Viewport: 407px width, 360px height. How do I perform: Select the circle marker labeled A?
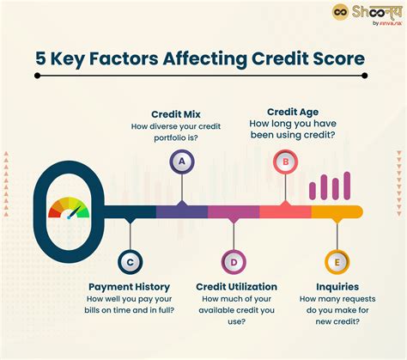pyautogui.click(x=180, y=161)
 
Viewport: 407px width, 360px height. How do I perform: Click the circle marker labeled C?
pyautogui.click(x=129, y=262)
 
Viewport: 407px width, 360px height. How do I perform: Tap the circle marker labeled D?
pyautogui.click(x=232, y=262)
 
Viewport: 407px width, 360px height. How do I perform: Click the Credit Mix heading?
pyautogui.click(x=177, y=114)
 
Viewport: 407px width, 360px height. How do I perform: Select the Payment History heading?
pyautogui.click(x=129, y=286)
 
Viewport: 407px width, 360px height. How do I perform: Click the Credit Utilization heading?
pyautogui.click(x=235, y=286)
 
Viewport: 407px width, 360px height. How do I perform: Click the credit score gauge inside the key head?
pyautogui.click(x=68, y=209)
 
